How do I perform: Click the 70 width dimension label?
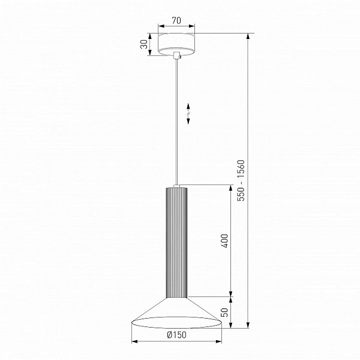[176, 20]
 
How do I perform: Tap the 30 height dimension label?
[144, 44]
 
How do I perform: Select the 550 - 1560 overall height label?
[241, 181]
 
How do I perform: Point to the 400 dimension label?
[224, 241]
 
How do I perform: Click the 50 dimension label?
[224, 312]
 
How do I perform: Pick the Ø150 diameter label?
[176, 335]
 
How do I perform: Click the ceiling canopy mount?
[176, 45]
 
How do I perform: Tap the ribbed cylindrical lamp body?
[176, 242]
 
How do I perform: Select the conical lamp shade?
[176, 313]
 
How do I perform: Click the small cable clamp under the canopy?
[177, 55]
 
